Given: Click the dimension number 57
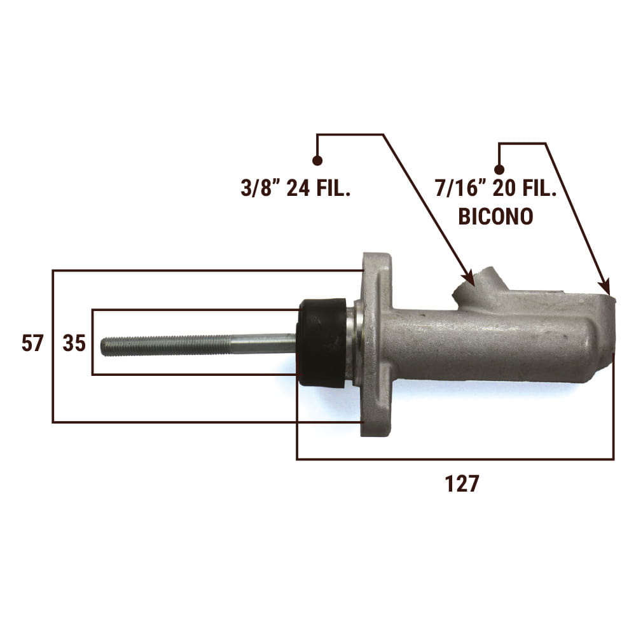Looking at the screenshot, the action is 32,343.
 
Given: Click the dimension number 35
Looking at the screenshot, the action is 74,343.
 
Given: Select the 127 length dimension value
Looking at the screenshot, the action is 462,483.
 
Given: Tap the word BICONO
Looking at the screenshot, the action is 495,216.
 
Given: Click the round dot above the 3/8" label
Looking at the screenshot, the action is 317,161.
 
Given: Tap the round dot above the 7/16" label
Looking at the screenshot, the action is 499,170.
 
